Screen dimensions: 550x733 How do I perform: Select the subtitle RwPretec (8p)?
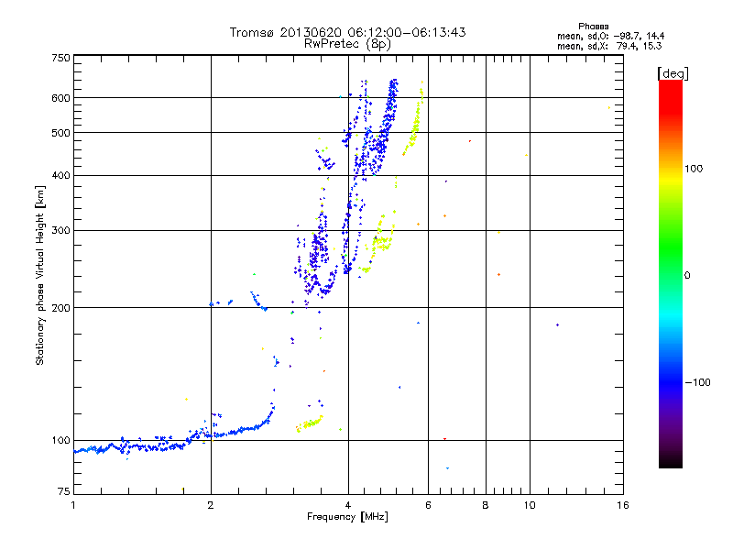tap(348, 43)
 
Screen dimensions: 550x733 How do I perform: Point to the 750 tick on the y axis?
tap(60, 58)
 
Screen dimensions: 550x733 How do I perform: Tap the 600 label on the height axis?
tap(60, 98)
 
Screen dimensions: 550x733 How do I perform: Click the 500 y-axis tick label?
tap(60, 133)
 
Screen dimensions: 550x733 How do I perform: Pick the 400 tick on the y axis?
tap(60, 176)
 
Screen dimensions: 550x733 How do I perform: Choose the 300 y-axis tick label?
tap(60, 231)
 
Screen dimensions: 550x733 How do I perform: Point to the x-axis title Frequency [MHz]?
tap(347, 518)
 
